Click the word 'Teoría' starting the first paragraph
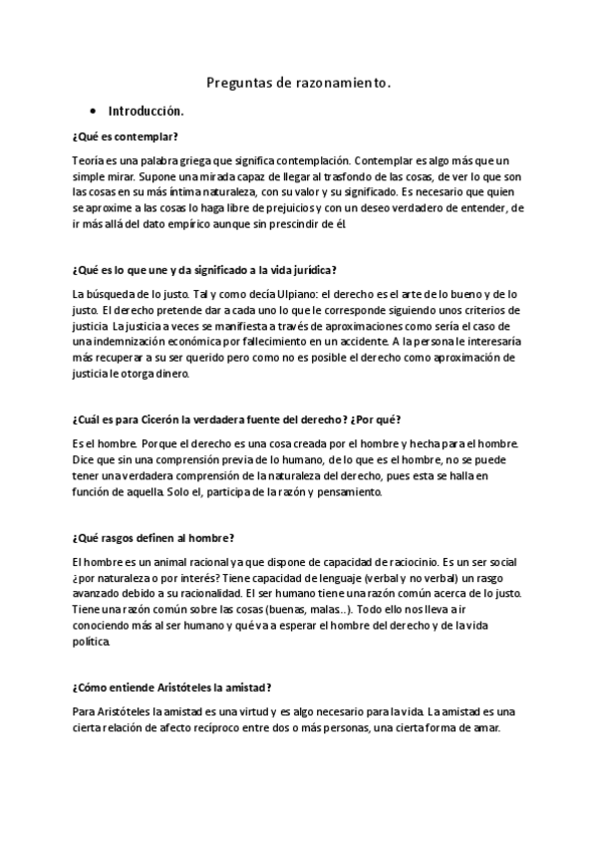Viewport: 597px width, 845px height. click(88, 159)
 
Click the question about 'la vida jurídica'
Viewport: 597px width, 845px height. click(203, 270)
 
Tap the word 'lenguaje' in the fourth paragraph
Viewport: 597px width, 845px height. click(268, 578)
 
